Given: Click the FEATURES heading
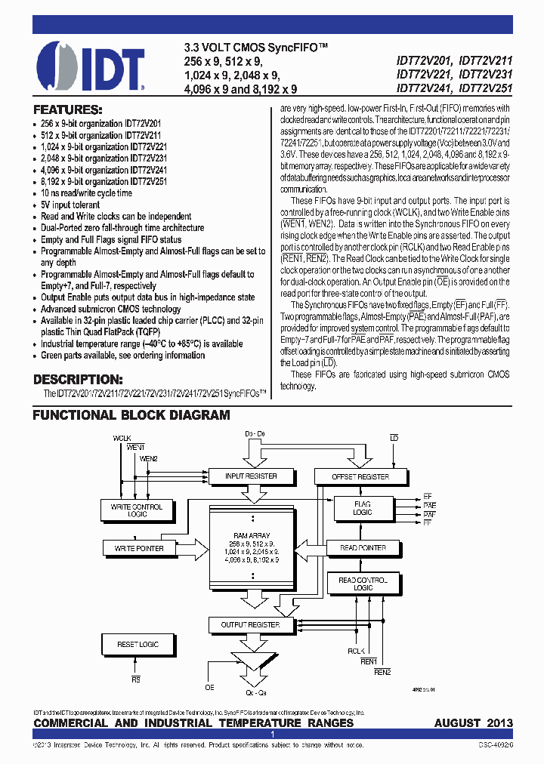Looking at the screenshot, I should (67, 109).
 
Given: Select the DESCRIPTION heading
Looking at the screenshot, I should (77, 379).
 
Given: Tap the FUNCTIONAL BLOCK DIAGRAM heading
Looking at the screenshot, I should (131, 415).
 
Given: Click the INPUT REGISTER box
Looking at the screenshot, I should (251, 476).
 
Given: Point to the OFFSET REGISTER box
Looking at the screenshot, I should (361, 476).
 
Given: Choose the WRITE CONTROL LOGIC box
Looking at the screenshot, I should (137, 510).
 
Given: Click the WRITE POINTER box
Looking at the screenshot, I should (139, 548).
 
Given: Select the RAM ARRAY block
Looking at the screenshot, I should (251, 547).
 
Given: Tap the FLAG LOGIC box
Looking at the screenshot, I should (363, 508).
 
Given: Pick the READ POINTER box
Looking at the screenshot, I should (363, 548).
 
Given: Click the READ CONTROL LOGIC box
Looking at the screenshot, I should (363, 584).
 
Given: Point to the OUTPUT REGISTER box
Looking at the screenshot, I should (250, 625).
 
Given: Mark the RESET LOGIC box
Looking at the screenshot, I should (138, 645).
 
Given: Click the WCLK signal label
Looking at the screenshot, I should (122, 438).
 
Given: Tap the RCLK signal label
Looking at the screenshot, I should (356, 651).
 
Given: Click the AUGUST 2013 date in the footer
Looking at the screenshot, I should (473, 723).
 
